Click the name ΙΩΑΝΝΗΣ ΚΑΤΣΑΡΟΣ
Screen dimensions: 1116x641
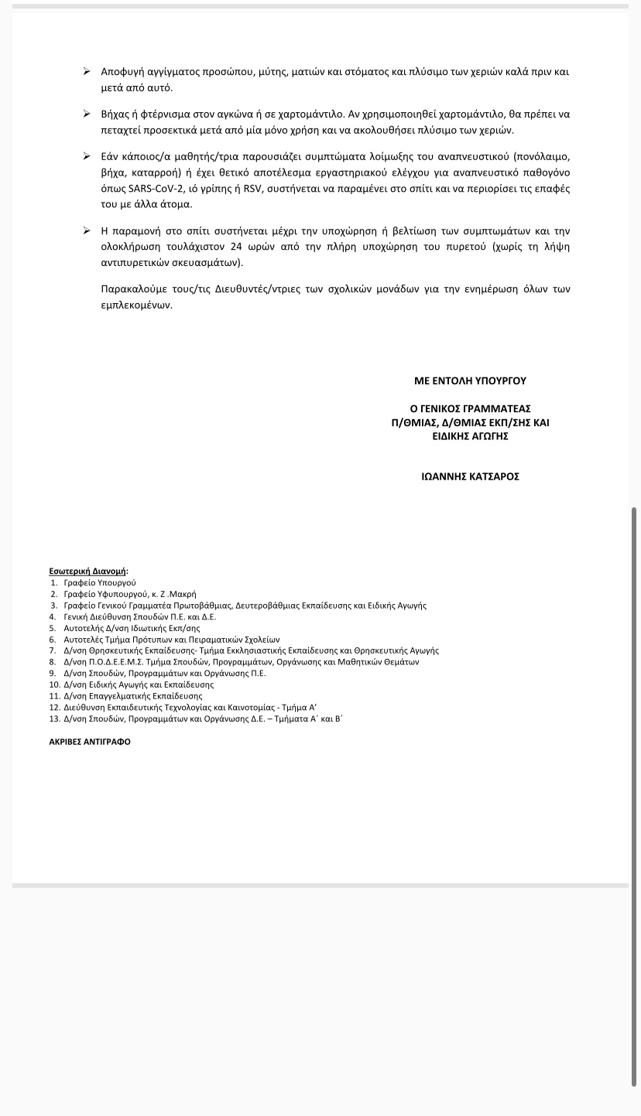(x=470, y=476)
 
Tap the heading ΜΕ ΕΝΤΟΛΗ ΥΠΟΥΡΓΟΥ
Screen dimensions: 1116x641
(x=470, y=381)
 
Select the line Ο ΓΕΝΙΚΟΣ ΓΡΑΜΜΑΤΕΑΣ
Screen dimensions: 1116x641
(x=470, y=408)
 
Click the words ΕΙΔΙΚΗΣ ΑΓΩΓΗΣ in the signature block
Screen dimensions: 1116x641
(x=470, y=436)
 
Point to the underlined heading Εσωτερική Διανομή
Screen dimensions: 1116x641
(x=87, y=572)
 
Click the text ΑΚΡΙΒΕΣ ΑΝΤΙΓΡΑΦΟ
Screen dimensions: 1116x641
(x=90, y=742)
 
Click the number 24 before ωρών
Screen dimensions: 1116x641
(x=236, y=247)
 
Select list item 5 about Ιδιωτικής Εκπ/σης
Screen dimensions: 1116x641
(x=132, y=628)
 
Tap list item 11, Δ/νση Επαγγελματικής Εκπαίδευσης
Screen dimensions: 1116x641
(x=132, y=696)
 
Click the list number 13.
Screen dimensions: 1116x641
(x=53, y=718)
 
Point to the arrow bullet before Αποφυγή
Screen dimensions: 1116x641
(x=87, y=71)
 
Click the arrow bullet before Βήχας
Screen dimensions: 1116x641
(x=87, y=114)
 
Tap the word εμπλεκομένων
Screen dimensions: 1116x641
(x=136, y=305)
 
